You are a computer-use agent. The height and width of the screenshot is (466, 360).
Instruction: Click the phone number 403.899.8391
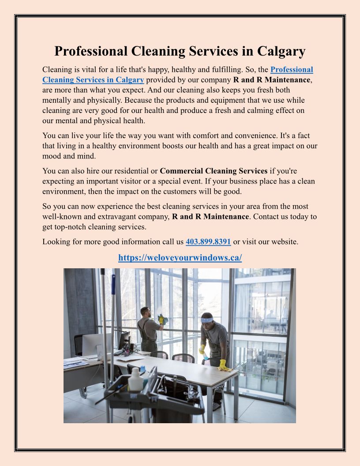click(x=208, y=242)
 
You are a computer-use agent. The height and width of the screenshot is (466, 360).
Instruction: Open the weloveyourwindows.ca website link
click(x=180, y=258)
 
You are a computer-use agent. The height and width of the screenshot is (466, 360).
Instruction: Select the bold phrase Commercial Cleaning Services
click(x=214, y=171)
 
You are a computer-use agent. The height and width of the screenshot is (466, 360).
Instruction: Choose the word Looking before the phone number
click(x=56, y=242)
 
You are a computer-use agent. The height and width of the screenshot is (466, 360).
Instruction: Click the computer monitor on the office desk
click(x=124, y=341)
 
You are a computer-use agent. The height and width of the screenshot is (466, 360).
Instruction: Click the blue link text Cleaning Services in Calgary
click(x=93, y=80)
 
